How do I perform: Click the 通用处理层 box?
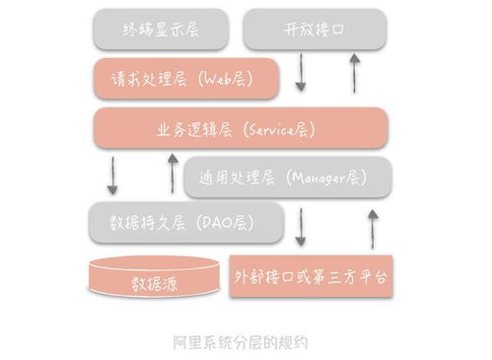point(287,179)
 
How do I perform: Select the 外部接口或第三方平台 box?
point(311,275)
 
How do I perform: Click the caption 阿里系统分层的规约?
point(241,343)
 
